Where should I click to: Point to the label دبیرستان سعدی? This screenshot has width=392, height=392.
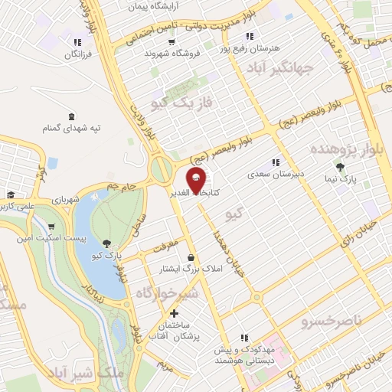point(276,174)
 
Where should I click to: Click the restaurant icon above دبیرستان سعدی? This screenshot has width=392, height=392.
point(276,162)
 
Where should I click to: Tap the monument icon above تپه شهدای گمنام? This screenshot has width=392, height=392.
point(71,116)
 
